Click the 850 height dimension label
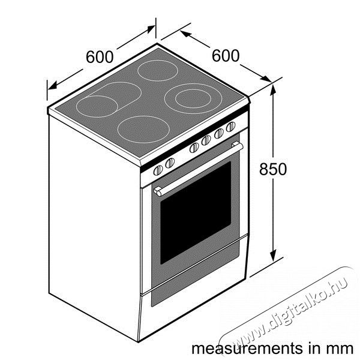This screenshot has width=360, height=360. click(273, 169)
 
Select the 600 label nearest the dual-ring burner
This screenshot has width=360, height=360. click(226, 56)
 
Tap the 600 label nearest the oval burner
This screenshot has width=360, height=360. click(100, 57)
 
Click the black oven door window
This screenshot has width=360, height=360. click(196, 212)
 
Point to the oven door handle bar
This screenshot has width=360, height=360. click(198, 169)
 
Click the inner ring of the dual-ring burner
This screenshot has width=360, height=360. click(193, 98)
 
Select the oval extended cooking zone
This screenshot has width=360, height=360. click(109, 100)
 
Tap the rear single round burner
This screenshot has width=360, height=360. click(158, 70)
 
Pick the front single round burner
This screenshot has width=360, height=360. click(143, 130)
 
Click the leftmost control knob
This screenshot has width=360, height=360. click(158, 170)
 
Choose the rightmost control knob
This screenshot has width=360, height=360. click(231, 127)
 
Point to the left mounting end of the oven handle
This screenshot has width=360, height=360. click(157, 192)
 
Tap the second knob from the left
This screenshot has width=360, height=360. click(170, 163)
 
